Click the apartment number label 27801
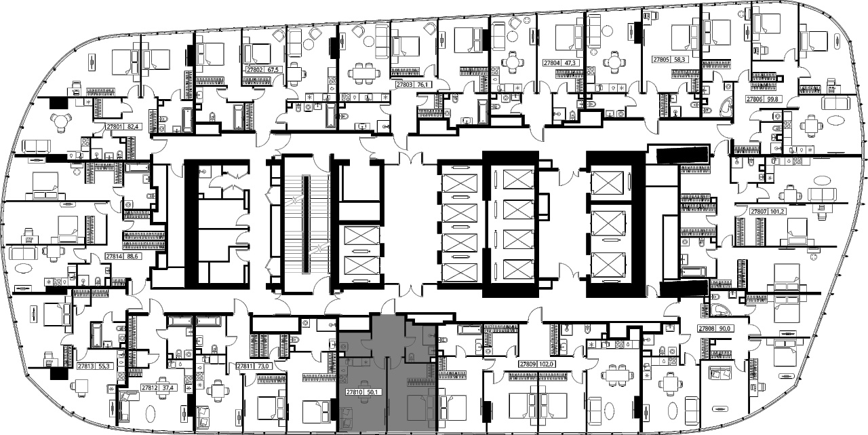[113, 126]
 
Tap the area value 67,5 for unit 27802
[273, 70]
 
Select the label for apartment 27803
[403, 85]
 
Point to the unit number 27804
[551, 63]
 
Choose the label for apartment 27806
[754, 99]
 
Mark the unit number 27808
[707, 328]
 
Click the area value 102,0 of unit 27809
[545, 364]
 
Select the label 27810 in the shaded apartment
[354, 392]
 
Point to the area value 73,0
[262, 366]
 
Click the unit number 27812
[149, 387]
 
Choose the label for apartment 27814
[113, 257]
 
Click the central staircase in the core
[306, 224]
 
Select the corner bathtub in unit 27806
[723, 107]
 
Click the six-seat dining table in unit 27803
[363, 73]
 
